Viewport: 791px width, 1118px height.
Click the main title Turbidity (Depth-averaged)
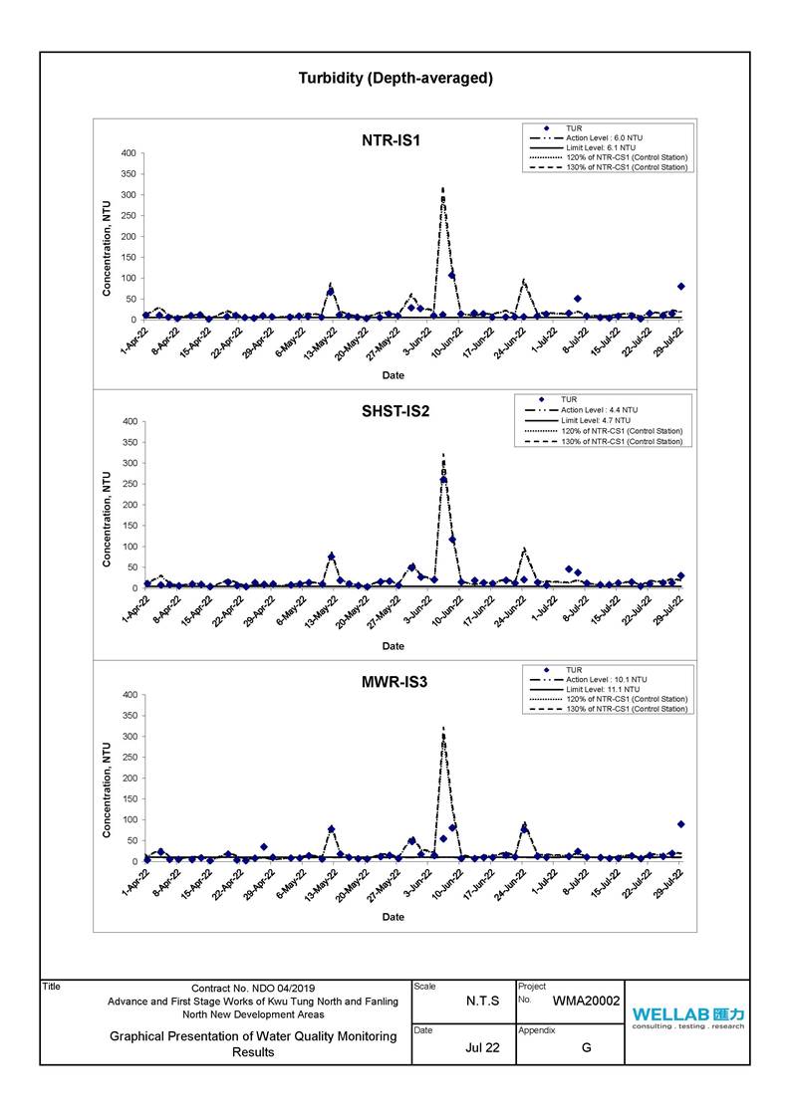pyautogui.click(x=395, y=79)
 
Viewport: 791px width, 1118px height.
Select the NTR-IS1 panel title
pyautogui.click(x=391, y=140)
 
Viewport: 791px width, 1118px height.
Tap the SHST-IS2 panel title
pyautogui.click(x=395, y=411)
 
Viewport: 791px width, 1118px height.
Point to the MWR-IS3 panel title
pyautogui.click(x=394, y=682)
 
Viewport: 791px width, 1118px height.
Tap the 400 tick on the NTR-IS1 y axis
pyautogui.click(x=129, y=153)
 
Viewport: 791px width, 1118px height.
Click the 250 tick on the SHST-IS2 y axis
pyautogui.click(x=130, y=484)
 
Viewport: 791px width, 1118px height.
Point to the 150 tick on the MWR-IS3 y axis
pyautogui.click(x=129, y=799)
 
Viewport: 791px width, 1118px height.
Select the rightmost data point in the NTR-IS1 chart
pyautogui.click(x=681, y=287)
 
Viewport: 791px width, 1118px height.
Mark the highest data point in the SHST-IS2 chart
pyautogui.click(x=443, y=480)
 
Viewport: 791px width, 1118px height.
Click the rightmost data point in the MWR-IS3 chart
pyautogui.click(x=681, y=824)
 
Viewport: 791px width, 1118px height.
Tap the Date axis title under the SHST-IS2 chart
pyautogui.click(x=393, y=646)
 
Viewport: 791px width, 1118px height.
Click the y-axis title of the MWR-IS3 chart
pyautogui.click(x=107, y=790)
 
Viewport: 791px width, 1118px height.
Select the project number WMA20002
pyautogui.click(x=587, y=1002)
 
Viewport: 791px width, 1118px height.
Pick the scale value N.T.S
pyautogui.click(x=483, y=1002)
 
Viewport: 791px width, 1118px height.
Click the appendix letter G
pyautogui.click(x=587, y=1047)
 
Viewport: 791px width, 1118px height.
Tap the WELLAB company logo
pyautogui.click(x=687, y=1018)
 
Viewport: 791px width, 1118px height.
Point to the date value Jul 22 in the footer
pyautogui.click(x=483, y=1047)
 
